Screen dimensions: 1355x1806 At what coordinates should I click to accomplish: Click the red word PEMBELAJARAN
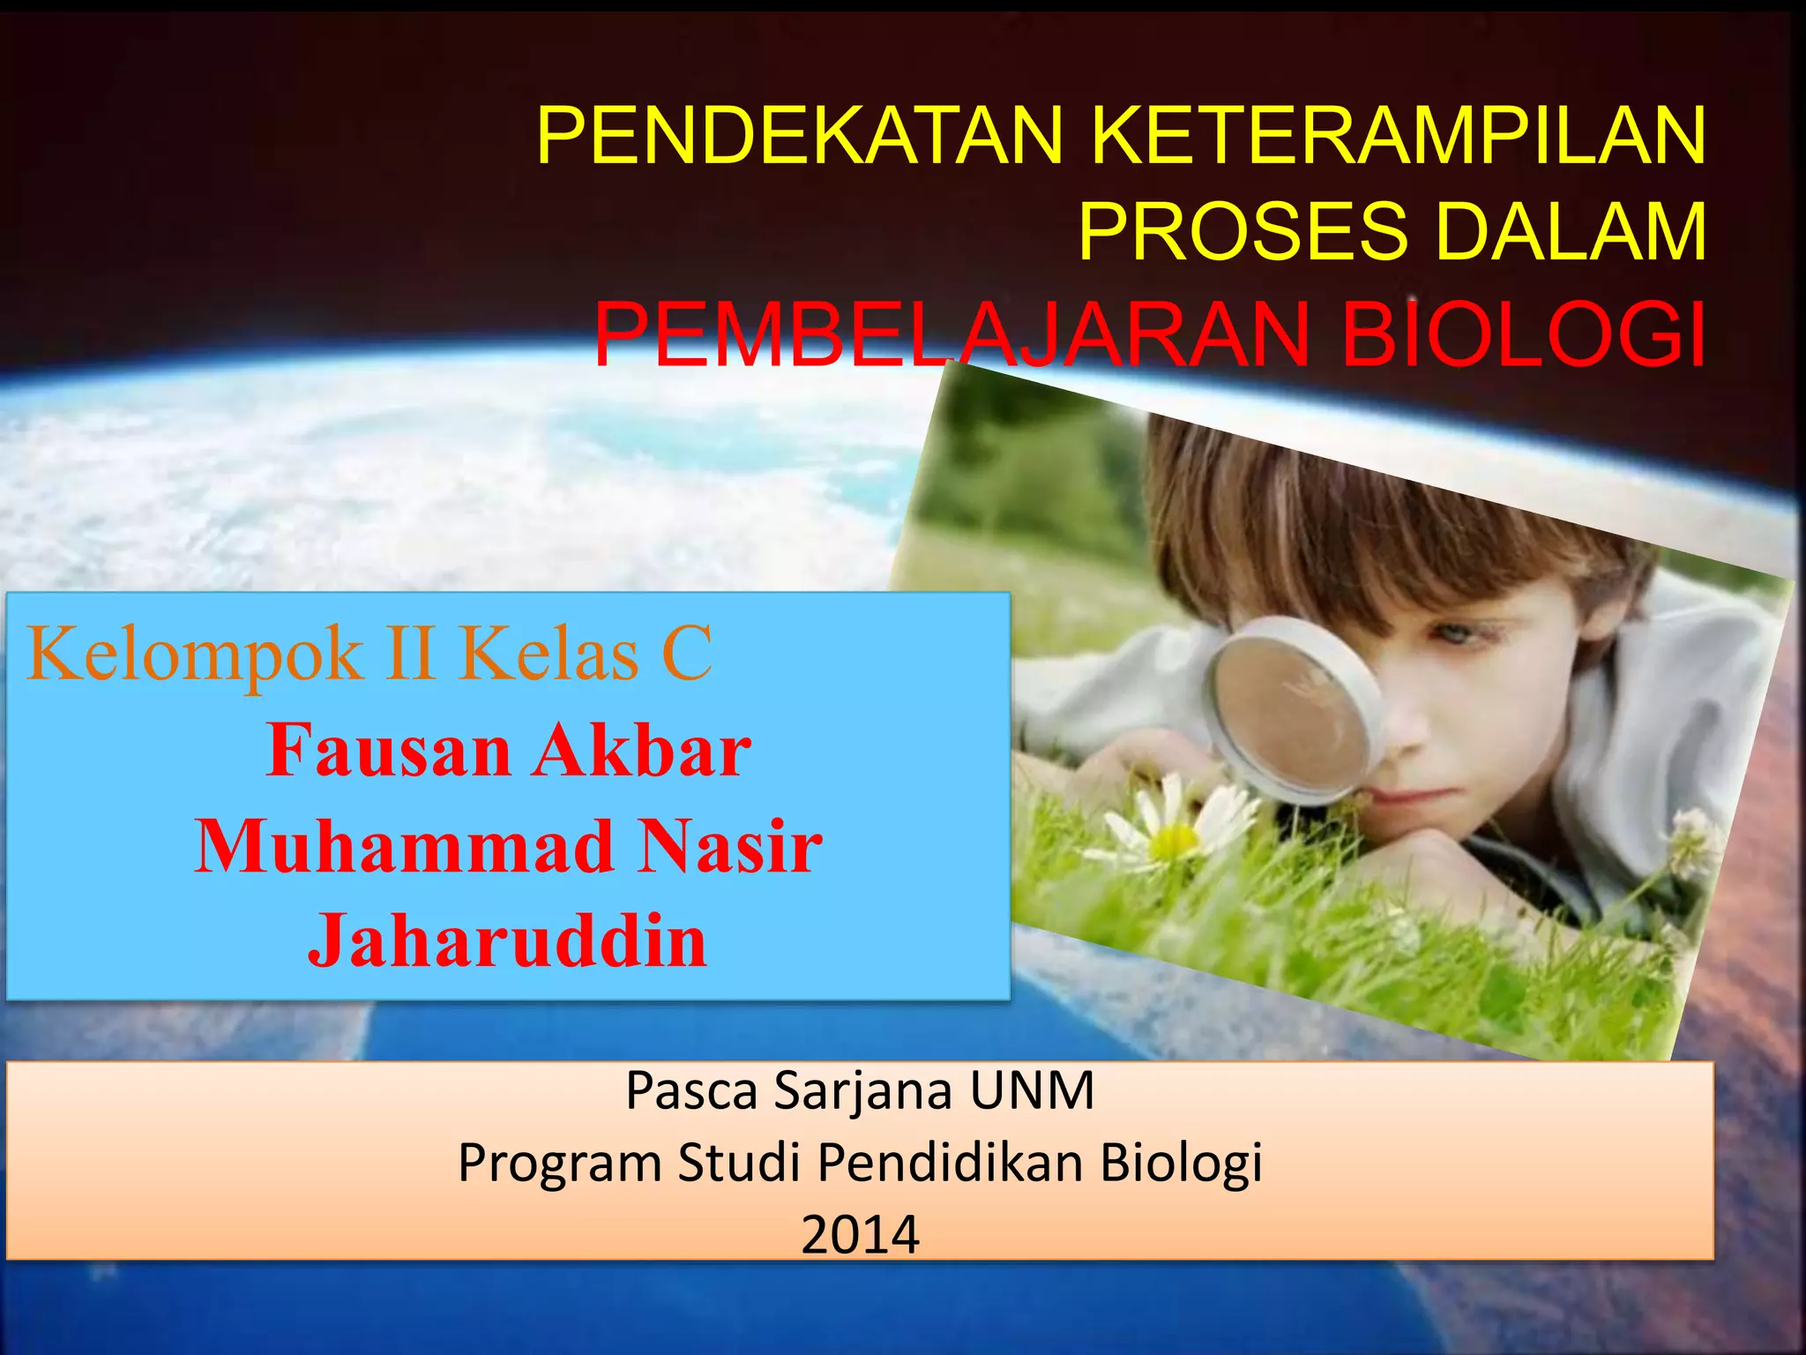pos(952,336)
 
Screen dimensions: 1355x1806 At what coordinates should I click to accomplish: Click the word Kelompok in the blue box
pos(195,655)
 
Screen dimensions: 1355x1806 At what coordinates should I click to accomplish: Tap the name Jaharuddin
pos(508,942)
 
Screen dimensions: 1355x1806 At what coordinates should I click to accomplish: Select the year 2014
pos(860,1235)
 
